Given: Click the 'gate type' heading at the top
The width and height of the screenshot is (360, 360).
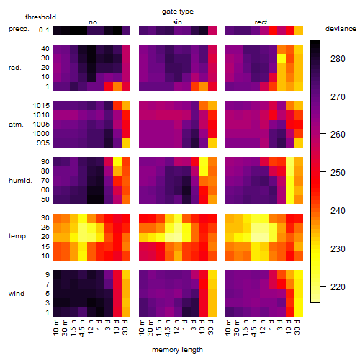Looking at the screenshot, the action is [x=178, y=12].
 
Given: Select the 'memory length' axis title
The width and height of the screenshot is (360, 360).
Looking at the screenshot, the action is [x=177, y=350].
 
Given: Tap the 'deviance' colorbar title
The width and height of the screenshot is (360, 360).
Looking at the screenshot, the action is [x=341, y=29].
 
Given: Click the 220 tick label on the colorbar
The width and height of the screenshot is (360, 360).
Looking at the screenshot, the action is [x=338, y=287].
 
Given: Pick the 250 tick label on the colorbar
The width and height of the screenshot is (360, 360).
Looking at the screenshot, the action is [x=338, y=172].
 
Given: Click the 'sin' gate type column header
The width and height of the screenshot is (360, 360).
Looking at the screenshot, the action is [x=177, y=22].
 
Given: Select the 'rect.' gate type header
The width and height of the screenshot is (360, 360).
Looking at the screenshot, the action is [x=261, y=22].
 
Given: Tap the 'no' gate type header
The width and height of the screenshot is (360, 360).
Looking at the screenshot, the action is [x=93, y=22].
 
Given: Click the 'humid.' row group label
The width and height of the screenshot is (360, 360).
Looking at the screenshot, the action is [x=20, y=181].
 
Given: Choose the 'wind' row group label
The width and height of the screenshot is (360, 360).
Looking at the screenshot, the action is [x=17, y=294].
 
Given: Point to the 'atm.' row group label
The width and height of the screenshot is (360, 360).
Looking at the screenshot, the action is [x=16, y=125].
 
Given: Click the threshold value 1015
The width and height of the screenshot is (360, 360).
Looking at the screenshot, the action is [x=41, y=106].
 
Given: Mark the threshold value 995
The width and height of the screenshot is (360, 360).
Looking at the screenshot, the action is [x=43, y=143].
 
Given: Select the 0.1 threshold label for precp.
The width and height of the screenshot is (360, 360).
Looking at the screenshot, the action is [x=44, y=30].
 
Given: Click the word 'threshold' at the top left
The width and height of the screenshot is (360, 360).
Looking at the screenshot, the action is [x=40, y=17].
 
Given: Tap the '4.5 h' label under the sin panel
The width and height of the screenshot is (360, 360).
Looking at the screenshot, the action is [x=168, y=328].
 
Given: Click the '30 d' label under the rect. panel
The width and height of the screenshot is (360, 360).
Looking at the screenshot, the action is [x=297, y=327].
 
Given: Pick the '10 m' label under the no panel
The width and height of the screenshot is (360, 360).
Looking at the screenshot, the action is [x=55, y=328].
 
